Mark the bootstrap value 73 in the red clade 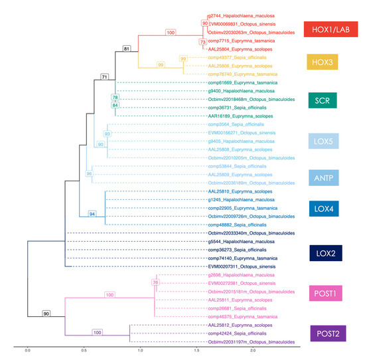tap(202, 42)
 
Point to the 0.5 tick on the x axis tap(84, 349)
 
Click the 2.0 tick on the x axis tap(252, 349)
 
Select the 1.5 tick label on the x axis tap(196, 349)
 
